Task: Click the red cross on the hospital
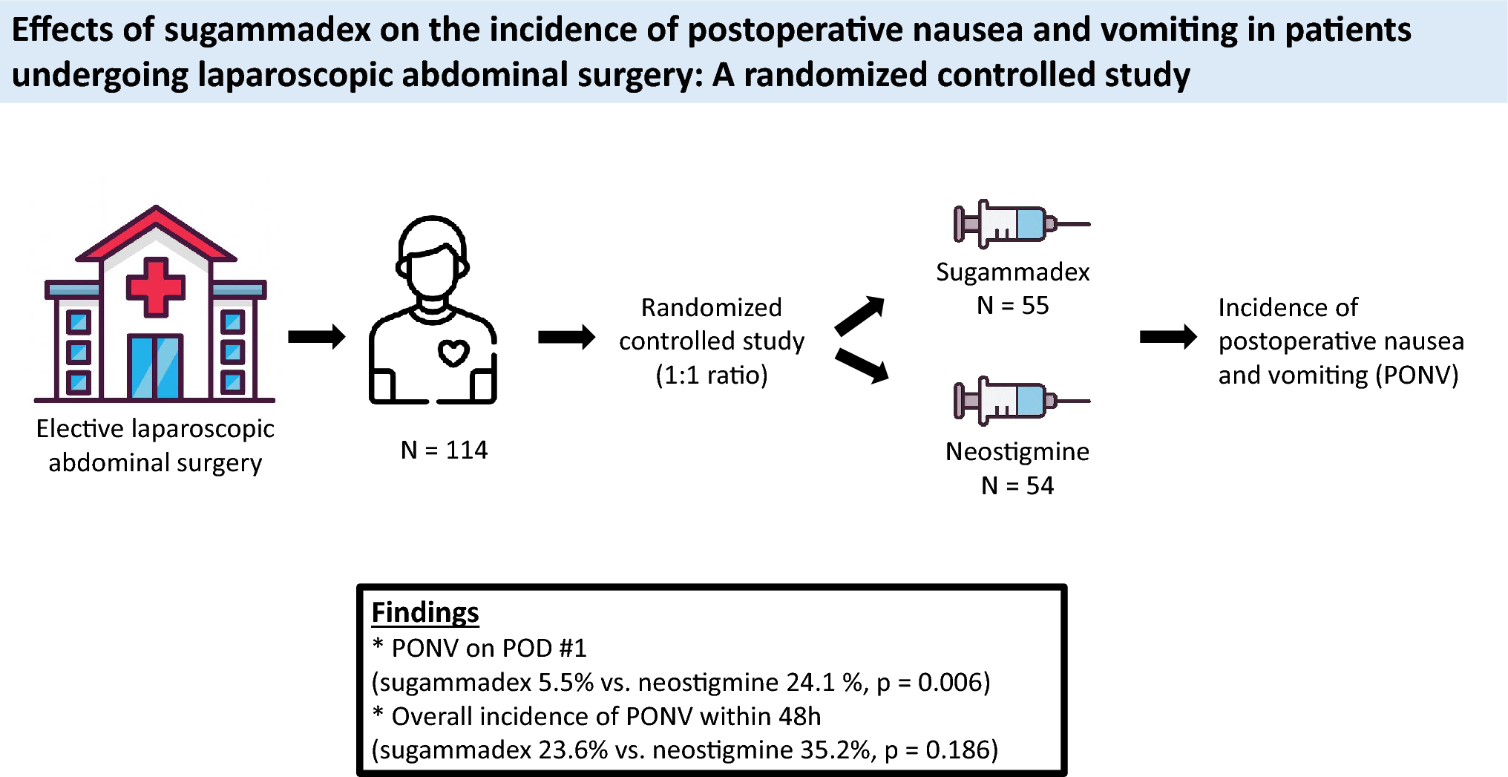pyautogui.click(x=155, y=287)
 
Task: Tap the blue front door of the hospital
pyautogui.click(x=155, y=367)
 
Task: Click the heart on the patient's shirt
pyautogui.click(x=453, y=353)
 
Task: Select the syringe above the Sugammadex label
pyautogui.click(x=1020, y=223)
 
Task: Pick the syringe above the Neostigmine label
pyautogui.click(x=1020, y=401)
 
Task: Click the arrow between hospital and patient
pyautogui.click(x=316, y=337)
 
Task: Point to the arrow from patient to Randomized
pyautogui.click(x=566, y=338)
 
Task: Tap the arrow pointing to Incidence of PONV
pyautogui.click(x=1168, y=338)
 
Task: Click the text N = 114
pyautogui.click(x=444, y=450)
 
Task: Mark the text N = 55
pyautogui.click(x=1012, y=305)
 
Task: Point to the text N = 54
pyautogui.click(x=1017, y=485)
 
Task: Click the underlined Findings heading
pyautogui.click(x=425, y=612)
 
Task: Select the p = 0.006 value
pyautogui.click(x=934, y=682)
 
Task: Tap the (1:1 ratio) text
pyautogui.click(x=712, y=375)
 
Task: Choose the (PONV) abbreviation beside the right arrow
pyautogui.click(x=1417, y=375)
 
